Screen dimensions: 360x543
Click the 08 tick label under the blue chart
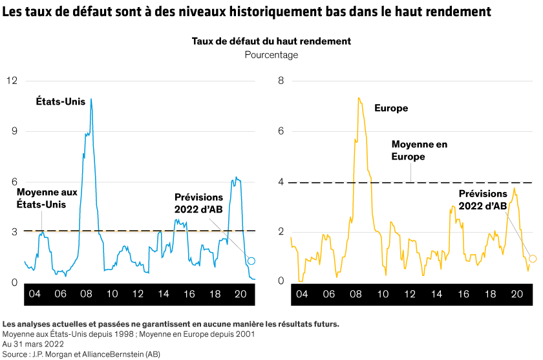click(86, 293)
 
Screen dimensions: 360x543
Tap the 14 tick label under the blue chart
click(163, 293)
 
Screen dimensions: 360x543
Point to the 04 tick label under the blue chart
click(35, 293)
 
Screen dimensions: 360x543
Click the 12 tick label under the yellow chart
click(409, 293)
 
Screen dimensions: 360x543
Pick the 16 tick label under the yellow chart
click(463, 293)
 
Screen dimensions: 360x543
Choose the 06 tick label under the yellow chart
click(328, 293)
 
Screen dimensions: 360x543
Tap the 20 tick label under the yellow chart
click(517, 293)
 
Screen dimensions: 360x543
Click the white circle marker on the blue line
click(251, 260)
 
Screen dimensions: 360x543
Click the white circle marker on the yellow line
click(533, 259)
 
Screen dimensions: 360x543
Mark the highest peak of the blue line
click(91, 99)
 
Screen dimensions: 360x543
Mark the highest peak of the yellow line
click(358, 98)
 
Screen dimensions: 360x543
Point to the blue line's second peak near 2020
click(237, 178)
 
